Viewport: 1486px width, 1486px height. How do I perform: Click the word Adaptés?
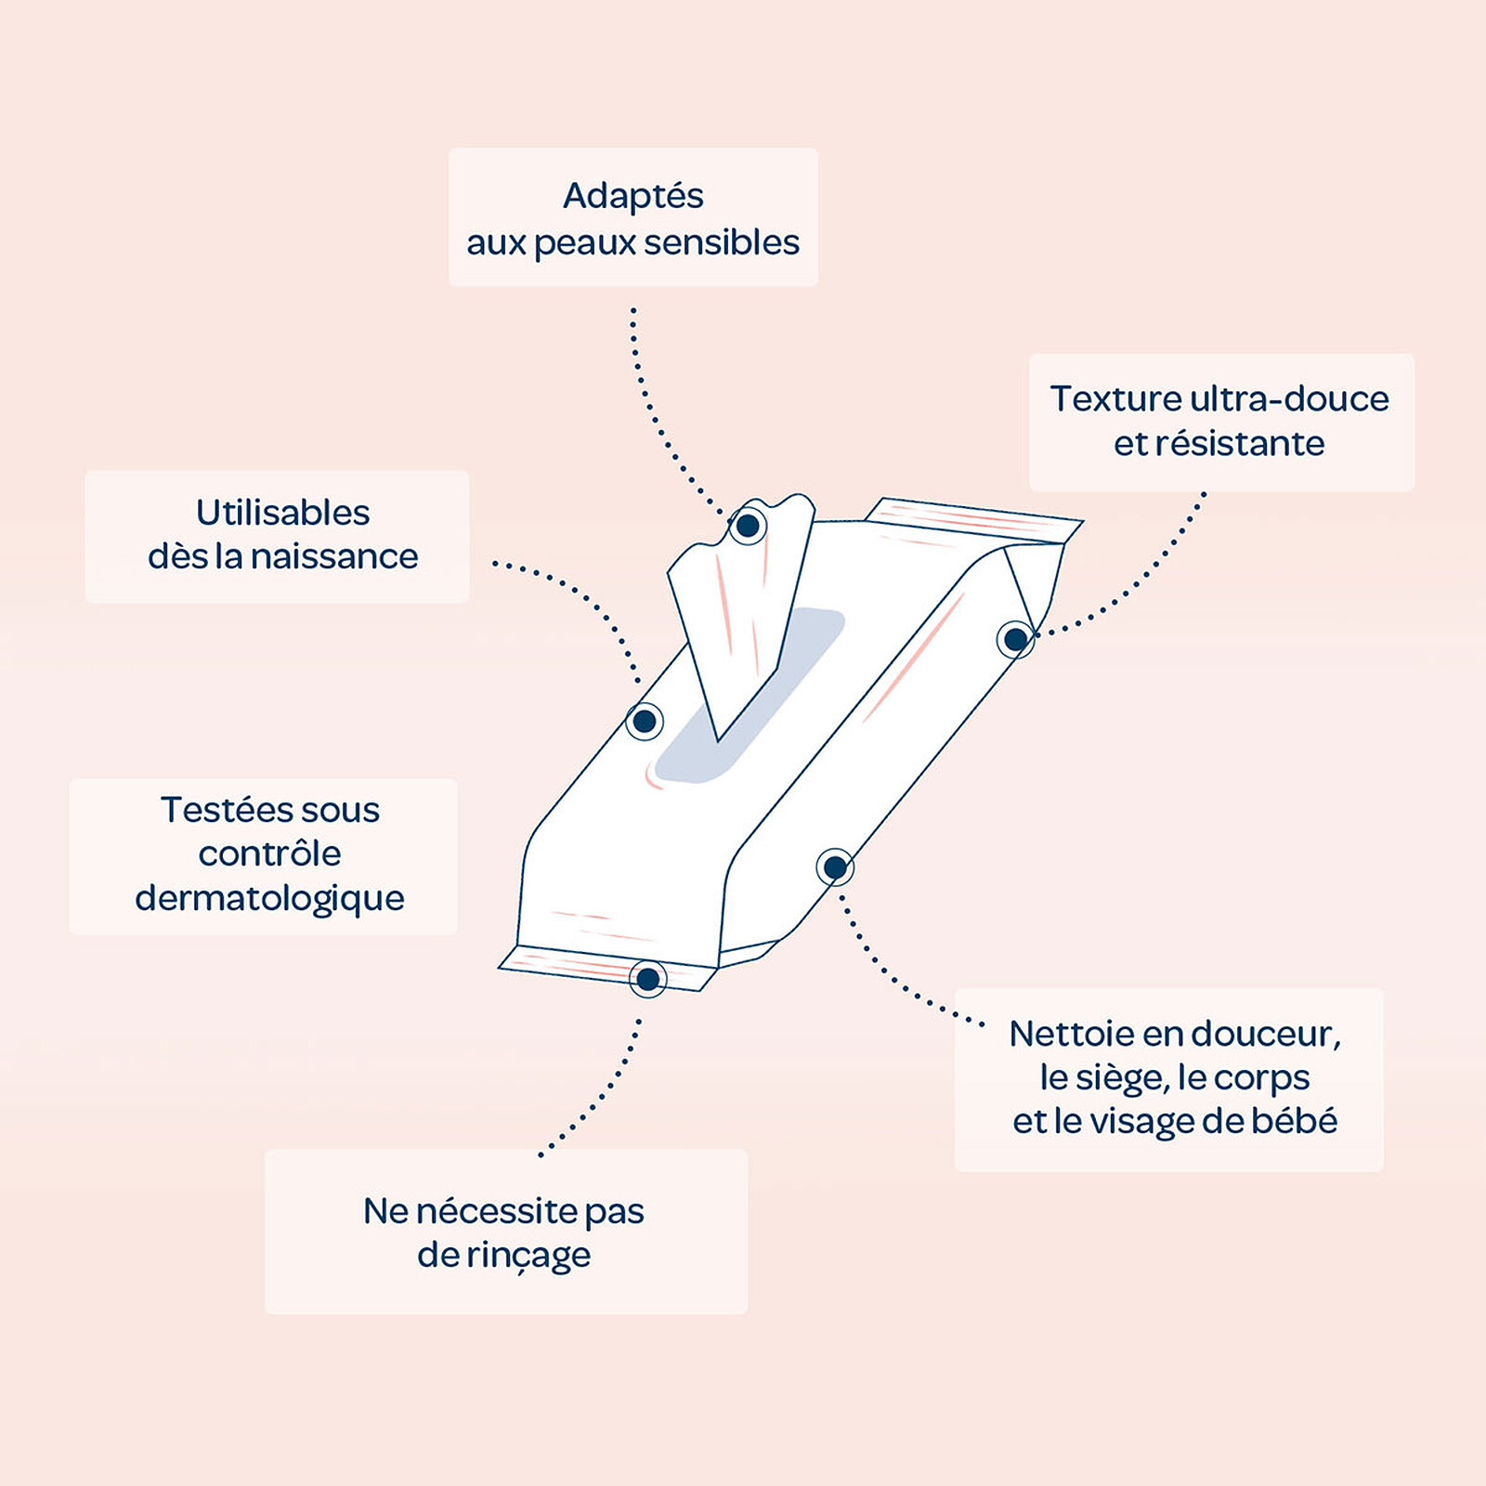tap(632, 196)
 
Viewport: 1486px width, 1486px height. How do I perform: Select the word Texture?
tap(1115, 398)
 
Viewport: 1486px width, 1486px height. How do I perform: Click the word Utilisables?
tap(282, 513)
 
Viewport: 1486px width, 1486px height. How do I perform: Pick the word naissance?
tap(334, 556)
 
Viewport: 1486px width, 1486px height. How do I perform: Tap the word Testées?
tap(224, 810)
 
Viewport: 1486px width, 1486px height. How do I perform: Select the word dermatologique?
tap(269, 898)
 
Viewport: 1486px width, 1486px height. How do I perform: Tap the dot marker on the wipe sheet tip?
tap(748, 527)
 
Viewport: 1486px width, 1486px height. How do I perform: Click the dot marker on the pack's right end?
tap(1016, 639)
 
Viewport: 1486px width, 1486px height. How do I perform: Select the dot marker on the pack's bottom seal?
tap(647, 978)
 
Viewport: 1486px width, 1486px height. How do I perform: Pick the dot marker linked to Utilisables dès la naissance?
tap(644, 721)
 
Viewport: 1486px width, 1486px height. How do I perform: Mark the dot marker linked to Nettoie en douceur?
tap(835, 867)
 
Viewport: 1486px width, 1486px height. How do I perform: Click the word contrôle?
tap(269, 854)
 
